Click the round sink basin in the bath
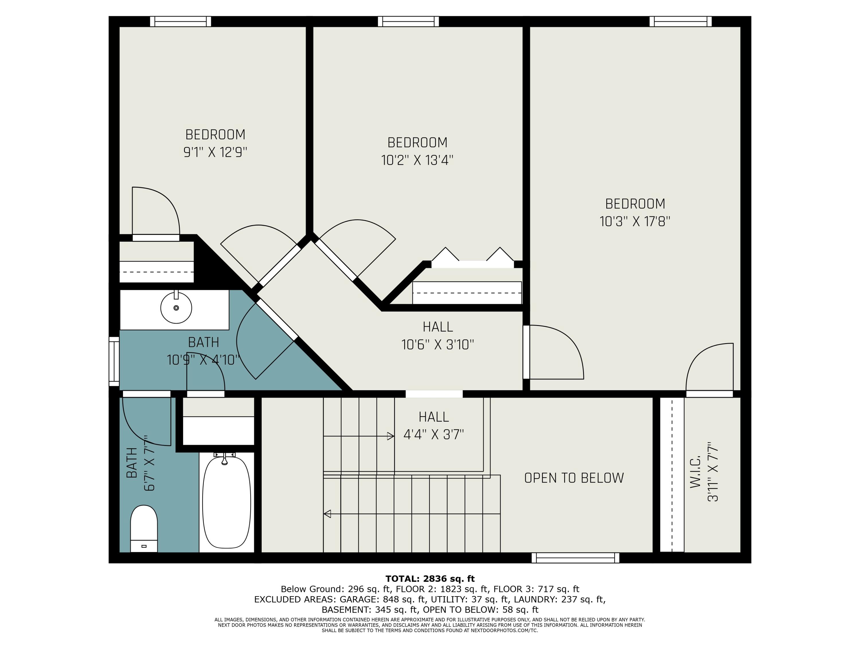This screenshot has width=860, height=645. point(176,308)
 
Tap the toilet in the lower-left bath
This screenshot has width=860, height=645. point(144,528)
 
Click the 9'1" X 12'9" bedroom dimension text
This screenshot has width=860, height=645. point(215,152)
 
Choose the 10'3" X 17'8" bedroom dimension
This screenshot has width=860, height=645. point(635,221)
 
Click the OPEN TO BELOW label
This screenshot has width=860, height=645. point(574,478)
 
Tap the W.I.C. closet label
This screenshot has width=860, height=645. point(695,472)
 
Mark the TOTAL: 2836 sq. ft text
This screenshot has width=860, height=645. point(430,579)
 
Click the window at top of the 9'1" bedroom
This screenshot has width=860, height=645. point(180,21)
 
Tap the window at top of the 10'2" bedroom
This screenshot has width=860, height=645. point(408,21)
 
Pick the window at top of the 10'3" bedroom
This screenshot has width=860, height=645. point(680,21)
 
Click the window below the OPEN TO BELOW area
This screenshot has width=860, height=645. point(575,558)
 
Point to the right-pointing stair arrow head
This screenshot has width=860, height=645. point(391,436)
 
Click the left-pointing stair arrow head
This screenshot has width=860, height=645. point(327,514)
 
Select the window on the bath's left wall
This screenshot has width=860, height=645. point(114,361)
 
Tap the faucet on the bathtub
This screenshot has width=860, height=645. point(224,458)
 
